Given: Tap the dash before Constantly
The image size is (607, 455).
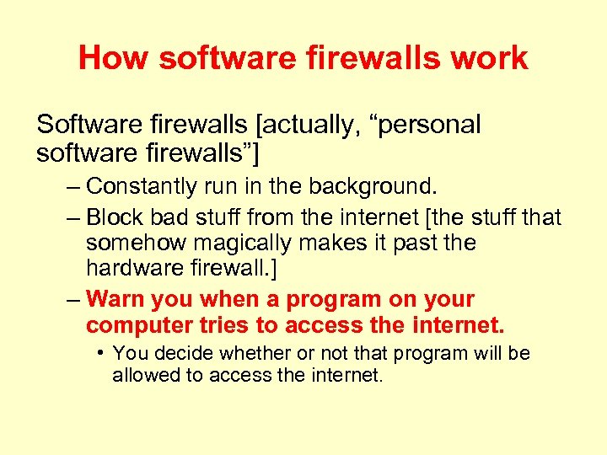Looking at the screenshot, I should [72, 186].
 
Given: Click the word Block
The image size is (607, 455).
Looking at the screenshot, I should [115, 217].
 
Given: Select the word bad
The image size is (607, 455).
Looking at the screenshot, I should [167, 217].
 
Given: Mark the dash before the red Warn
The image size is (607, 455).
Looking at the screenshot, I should [72, 300].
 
